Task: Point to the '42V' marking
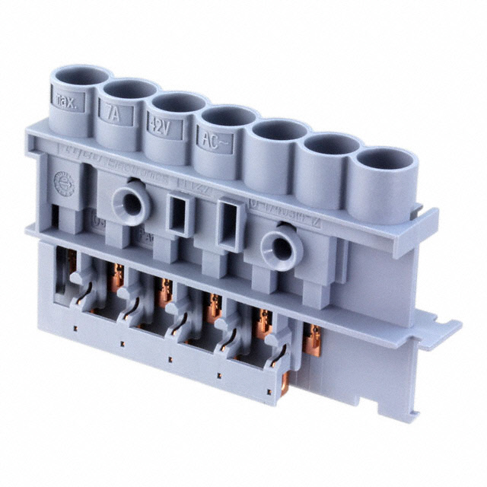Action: (x=159, y=126)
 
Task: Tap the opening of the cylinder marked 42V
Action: (x=177, y=103)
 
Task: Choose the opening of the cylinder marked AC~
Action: (x=229, y=116)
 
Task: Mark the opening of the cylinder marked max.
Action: (x=80, y=76)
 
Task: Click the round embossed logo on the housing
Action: (x=64, y=183)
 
